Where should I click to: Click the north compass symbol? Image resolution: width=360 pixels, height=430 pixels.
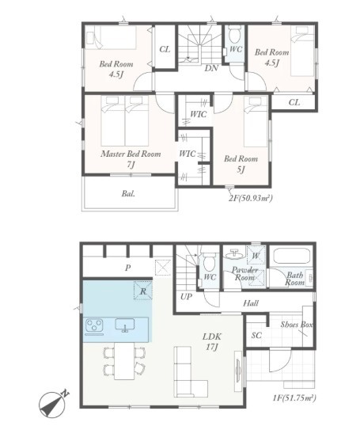pyautogui.click(x=52, y=404)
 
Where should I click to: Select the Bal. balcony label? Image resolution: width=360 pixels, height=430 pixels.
pyautogui.click(x=128, y=194)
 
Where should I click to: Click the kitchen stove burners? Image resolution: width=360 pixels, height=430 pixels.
pyautogui.click(x=94, y=325)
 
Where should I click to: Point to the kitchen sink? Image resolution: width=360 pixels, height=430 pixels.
pyautogui.click(x=125, y=325)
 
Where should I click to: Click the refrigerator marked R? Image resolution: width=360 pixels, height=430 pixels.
pyautogui.click(x=142, y=291)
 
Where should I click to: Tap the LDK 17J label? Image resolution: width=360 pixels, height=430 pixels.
pyautogui.click(x=212, y=341)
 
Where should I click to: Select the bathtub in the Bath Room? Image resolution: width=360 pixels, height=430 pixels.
pyautogui.click(x=291, y=256)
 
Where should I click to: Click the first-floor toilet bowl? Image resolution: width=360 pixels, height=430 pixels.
pyautogui.click(x=210, y=262)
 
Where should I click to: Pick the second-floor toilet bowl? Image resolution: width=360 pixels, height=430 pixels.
pyautogui.click(x=235, y=36)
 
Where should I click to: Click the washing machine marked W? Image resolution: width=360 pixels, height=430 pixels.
pyautogui.click(x=256, y=256)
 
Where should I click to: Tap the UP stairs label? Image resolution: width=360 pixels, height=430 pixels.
pyautogui.click(x=186, y=297)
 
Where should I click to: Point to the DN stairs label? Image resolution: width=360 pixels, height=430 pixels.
pyautogui.click(x=211, y=68)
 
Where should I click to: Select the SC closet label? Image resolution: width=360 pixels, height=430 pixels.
pyautogui.click(x=256, y=335)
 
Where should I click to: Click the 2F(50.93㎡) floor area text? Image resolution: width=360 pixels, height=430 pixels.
pyautogui.click(x=250, y=198)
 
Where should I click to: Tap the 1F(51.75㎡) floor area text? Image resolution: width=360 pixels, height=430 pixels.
pyautogui.click(x=294, y=398)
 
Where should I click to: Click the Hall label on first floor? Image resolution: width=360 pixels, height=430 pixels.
pyautogui.click(x=251, y=303)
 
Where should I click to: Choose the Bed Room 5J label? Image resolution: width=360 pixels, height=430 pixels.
pyautogui.click(x=241, y=164)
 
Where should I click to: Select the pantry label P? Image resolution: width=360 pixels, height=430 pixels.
pyautogui.click(x=127, y=268)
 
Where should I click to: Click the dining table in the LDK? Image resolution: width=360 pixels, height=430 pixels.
pyautogui.click(x=124, y=361)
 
